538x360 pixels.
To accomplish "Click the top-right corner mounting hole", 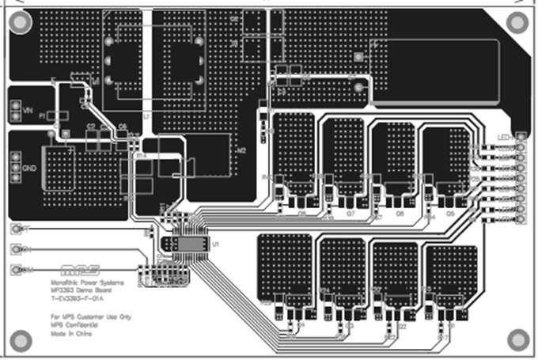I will tap(517, 23).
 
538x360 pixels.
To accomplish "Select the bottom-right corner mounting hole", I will tap(517, 339).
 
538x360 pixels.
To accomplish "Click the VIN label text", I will tap(27, 110).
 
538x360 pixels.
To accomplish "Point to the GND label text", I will tap(28, 170).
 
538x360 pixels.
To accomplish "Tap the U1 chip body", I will tap(189, 244).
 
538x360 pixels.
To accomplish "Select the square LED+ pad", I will tap(520, 136).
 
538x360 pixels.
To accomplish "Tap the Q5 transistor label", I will tap(449, 214).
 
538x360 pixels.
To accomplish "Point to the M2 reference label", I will tap(243, 148).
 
